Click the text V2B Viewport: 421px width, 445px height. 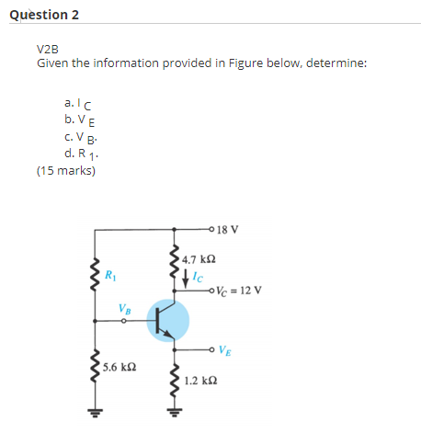(x=48, y=49)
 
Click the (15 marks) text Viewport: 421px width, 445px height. (x=65, y=170)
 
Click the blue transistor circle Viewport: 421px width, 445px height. (x=167, y=321)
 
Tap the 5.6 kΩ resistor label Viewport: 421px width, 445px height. (x=119, y=366)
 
